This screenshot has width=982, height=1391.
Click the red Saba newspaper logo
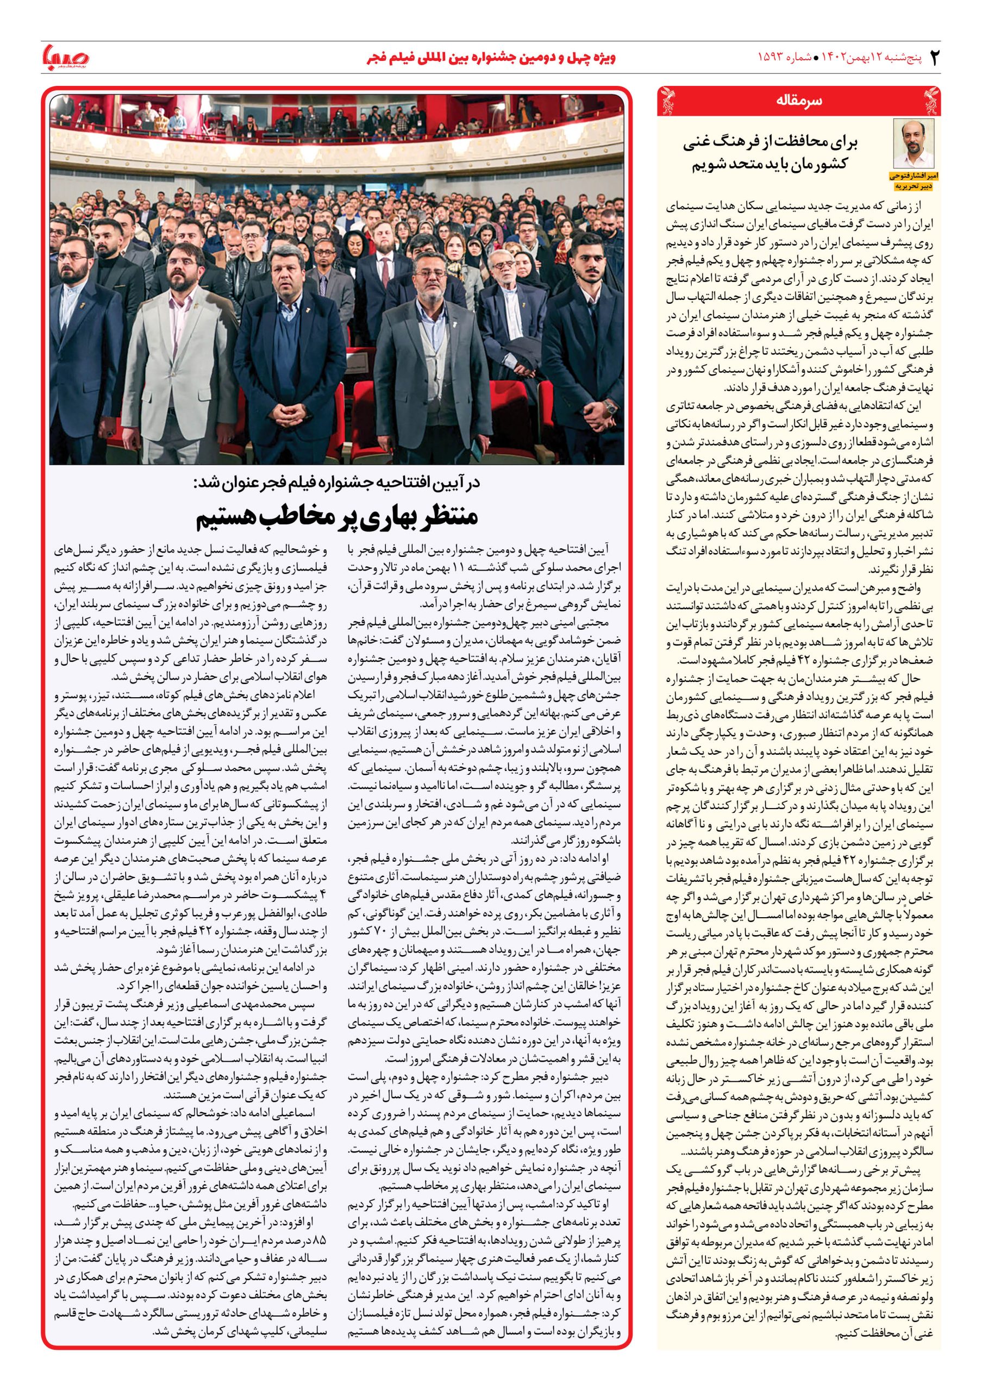point(65,57)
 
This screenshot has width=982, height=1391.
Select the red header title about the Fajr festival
point(491,58)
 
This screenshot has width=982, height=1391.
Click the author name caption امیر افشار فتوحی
point(914,175)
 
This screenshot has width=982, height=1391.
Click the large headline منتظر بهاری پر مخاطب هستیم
point(337,516)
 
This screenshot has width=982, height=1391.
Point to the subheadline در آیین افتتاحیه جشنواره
point(337,483)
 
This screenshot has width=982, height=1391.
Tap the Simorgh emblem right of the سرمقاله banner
point(931,101)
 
